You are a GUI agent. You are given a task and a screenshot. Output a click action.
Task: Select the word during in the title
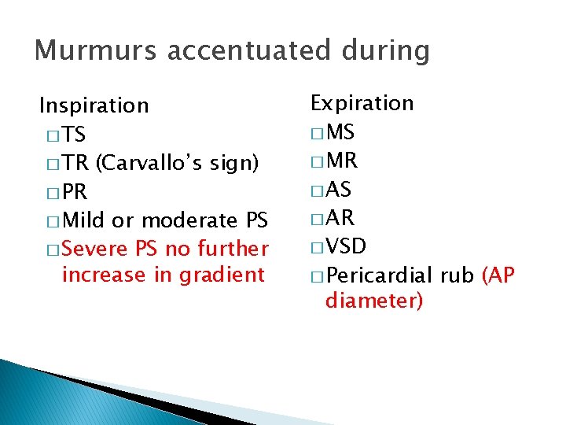pyautogui.click(x=384, y=50)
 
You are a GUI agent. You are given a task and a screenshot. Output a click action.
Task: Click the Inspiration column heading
pyautogui.click(x=94, y=105)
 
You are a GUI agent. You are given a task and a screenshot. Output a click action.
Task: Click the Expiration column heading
pyautogui.click(x=362, y=103)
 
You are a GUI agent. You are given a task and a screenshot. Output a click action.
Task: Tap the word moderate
pyautogui.click(x=189, y=220)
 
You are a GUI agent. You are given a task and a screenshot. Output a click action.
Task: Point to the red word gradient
pyautogui.click(x=222, y=275)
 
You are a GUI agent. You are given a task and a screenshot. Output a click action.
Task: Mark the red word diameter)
pyautogui.click(x=373, y=301)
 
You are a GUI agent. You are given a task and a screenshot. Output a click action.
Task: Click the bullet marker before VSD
pyautogui.click(x=318, y=248)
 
